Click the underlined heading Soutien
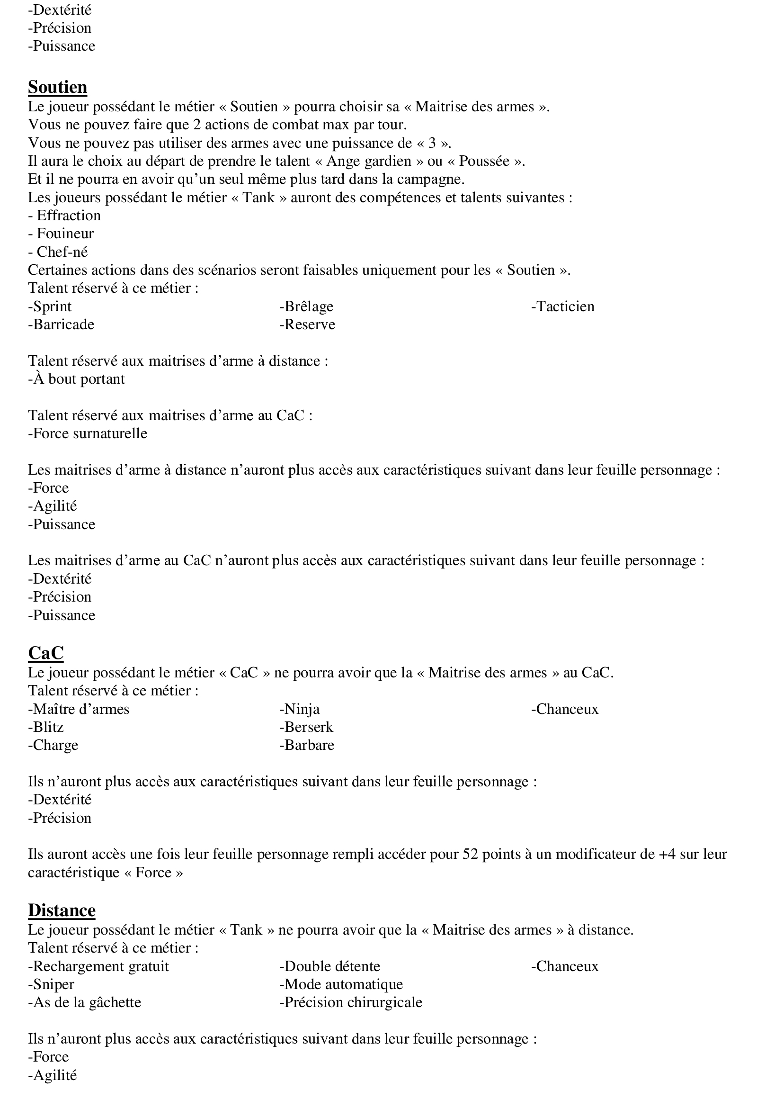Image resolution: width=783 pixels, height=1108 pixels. coord(57,87)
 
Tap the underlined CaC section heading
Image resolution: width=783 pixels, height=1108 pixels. coord(46,653)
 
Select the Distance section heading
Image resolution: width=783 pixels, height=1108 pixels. coord(62,910)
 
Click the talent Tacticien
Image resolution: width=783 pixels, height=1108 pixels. coord(563,306)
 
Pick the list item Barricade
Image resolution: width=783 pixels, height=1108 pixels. coord(61,324)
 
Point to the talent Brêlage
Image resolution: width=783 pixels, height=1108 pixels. coord(306,306)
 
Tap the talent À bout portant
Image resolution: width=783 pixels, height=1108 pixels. coord(77,379)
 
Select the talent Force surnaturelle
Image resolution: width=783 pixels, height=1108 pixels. coord(88,433)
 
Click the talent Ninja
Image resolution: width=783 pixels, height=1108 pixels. coord(299,709)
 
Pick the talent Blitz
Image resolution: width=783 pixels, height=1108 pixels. coord(46,727)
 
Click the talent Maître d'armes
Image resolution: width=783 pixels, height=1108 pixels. coord(79,709)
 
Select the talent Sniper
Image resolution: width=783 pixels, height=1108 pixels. coord(51,984)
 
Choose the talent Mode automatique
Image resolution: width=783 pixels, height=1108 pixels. coord(341,984)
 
